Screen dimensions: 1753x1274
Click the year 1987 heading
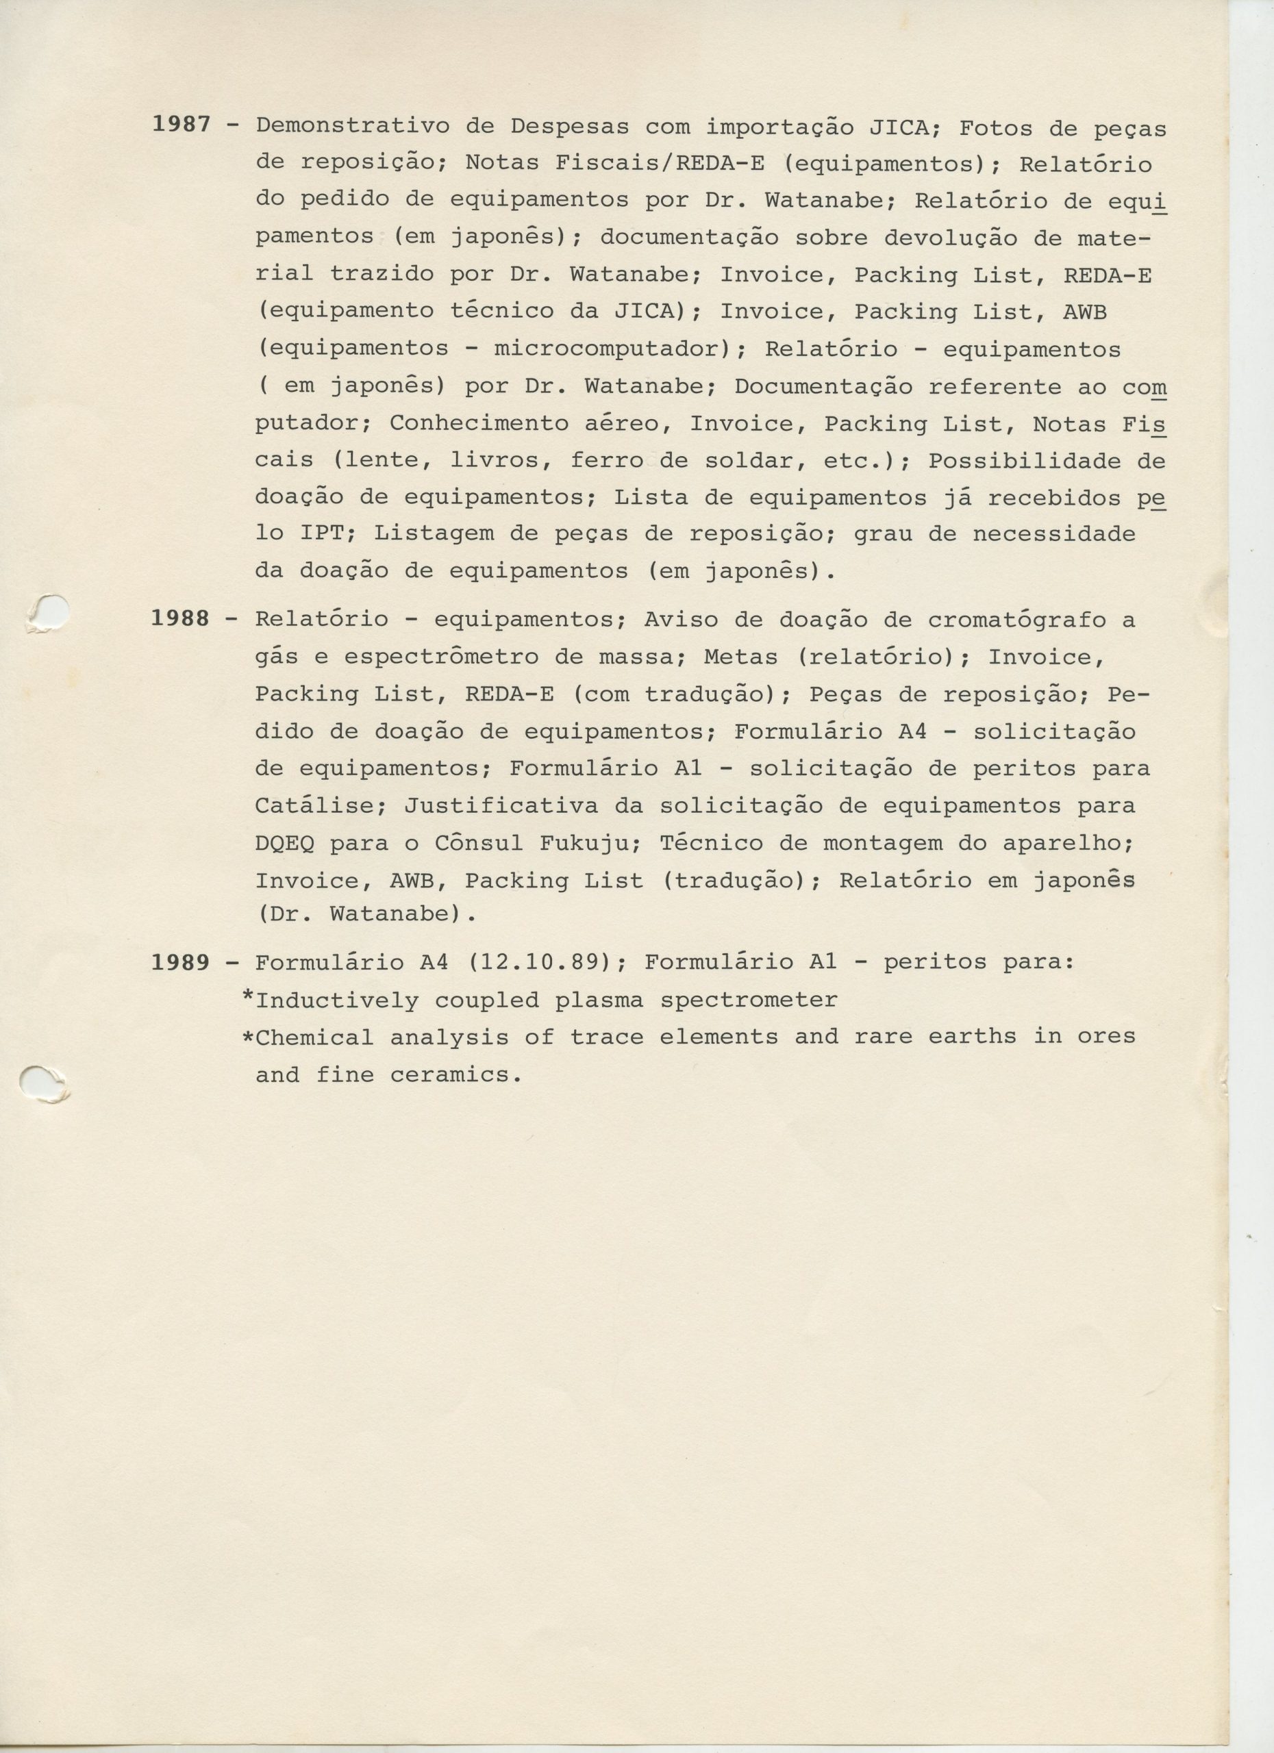pos(180,125)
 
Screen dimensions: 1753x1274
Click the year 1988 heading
pos(180,619)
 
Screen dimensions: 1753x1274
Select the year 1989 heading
pos(180,962)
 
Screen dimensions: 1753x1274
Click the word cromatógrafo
pos(1016,620)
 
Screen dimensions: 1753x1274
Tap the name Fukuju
pos(584,842)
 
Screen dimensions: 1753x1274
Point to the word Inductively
pos(337,1000)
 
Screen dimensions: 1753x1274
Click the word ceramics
pos(456,1075)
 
